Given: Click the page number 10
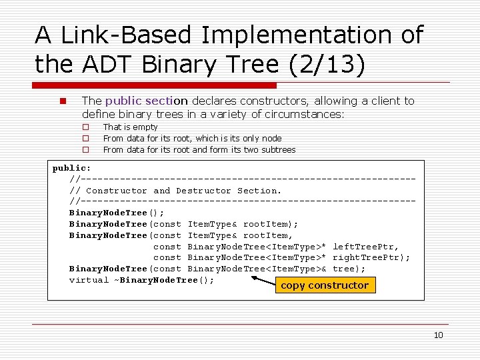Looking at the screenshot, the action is coord(438,335).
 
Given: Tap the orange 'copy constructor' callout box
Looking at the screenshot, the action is coord(325,285).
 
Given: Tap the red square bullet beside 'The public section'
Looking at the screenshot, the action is coord(61,101).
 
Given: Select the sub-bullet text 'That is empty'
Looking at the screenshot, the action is coord(130,127).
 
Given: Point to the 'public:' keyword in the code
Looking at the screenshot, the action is coord(71,168).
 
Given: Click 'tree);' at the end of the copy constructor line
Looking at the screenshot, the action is coord(349,269).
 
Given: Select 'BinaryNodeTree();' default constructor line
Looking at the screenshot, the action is coord(117,213).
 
